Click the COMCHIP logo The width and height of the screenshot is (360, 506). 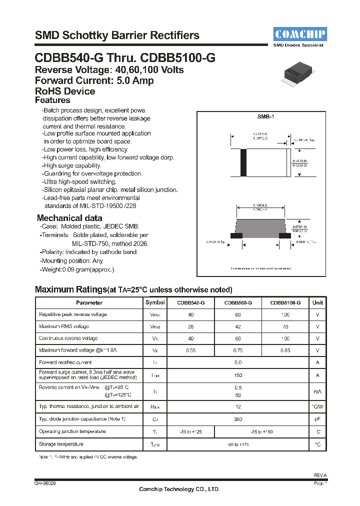coord(299,34)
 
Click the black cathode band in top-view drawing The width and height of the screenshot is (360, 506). coord(243,162)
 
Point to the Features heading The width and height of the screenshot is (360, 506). coord(52,100)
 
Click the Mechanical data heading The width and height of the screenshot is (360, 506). coord(69,218)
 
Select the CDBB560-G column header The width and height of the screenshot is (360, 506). coord(238,302)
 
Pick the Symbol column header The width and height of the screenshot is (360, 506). coord(154,302)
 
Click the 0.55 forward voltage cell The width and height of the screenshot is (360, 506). coord(190,350)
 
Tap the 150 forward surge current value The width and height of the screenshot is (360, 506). coord(238,375)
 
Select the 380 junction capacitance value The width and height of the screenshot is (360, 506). coord(238,419)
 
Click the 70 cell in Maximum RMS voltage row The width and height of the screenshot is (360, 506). coord(285,326)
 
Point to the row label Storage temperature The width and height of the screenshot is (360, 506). coord(61,444)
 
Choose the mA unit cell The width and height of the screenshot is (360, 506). coord(317,391)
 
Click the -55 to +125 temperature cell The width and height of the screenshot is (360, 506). coord(190,431)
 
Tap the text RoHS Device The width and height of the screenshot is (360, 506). coord(65,91)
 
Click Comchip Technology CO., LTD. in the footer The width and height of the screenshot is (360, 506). coord(179,489)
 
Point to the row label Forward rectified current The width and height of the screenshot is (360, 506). coord(65,362)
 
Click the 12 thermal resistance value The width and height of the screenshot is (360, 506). coord(238,406)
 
